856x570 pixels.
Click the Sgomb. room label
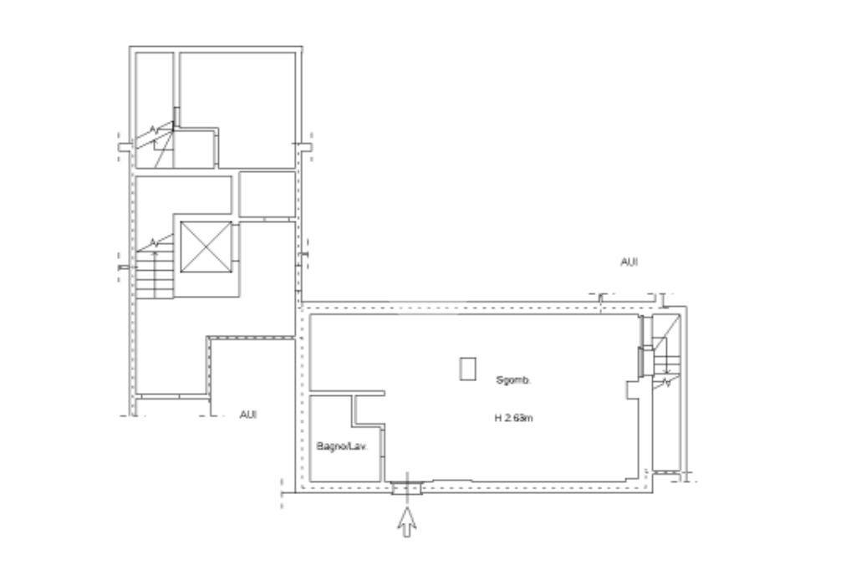click(x=512, y=380)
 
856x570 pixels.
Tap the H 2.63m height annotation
click(x=514, y=418)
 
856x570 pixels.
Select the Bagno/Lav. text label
click(x=342, y=446)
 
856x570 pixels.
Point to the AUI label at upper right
click(x=629, y=262)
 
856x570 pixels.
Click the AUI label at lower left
click(x=247, y=415)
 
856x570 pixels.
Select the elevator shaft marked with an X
click(x=206, y=247)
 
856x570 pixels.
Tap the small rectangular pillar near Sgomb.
click(x=467, y=369)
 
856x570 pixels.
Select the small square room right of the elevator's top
click(x=267, y=195)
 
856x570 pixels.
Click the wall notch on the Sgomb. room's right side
click(x=634, y=389)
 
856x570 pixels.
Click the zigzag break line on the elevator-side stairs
click(x=155, y=242)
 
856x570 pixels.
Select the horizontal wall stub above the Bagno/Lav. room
click(x=347, y=393)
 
